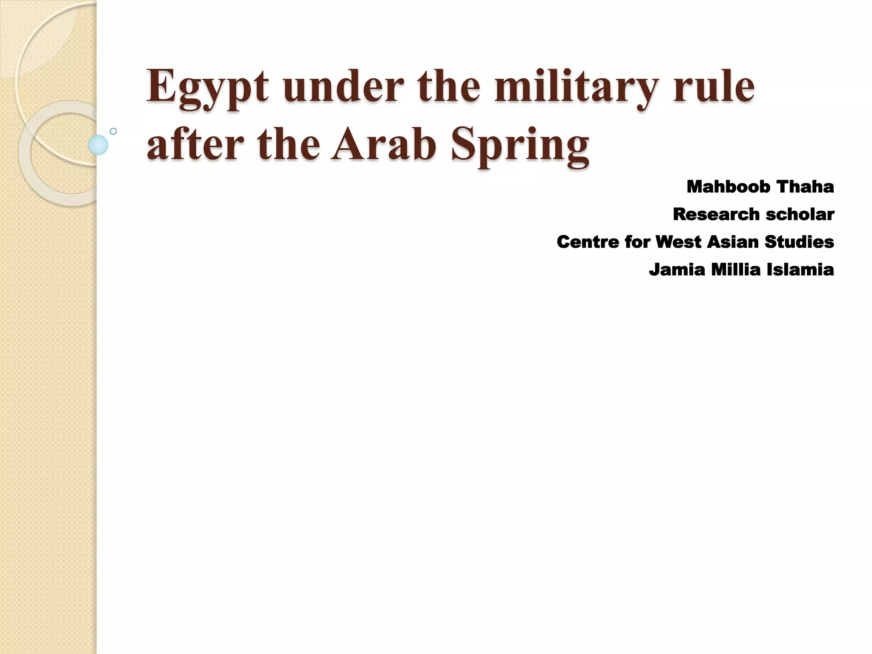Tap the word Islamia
point(800,270)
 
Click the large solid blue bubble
point(98,145)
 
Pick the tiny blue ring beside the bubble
point(113,132)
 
